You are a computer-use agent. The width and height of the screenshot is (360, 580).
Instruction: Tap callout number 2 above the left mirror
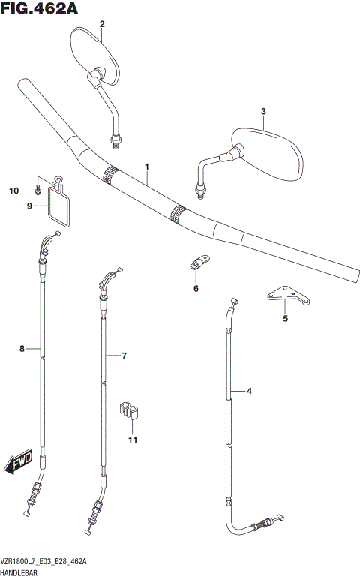(x=102, y=24)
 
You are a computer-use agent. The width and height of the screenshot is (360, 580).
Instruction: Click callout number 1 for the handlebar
(x=147, y=166)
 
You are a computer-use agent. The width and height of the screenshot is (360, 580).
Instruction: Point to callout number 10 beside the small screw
(x=12, y=191)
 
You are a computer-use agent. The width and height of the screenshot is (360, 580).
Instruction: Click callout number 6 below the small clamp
(x=196, y=287)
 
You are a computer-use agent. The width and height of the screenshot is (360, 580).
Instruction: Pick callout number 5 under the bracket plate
(x=285, y=318)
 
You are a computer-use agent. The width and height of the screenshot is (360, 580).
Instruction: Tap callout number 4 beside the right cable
(x=250, y=391)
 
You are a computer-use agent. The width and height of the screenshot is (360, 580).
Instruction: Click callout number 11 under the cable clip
(x=132, y=440)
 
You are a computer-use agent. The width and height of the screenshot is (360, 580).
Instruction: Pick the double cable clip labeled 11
(x=131, y=411)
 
